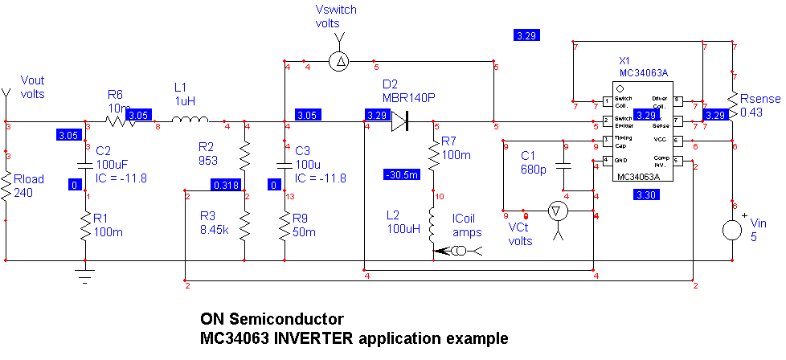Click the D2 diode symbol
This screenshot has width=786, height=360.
[400, 122]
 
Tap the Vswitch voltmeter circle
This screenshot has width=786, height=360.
[341, 61]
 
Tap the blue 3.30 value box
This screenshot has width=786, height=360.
[645, 194]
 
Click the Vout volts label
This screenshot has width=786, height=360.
[33, 87]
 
